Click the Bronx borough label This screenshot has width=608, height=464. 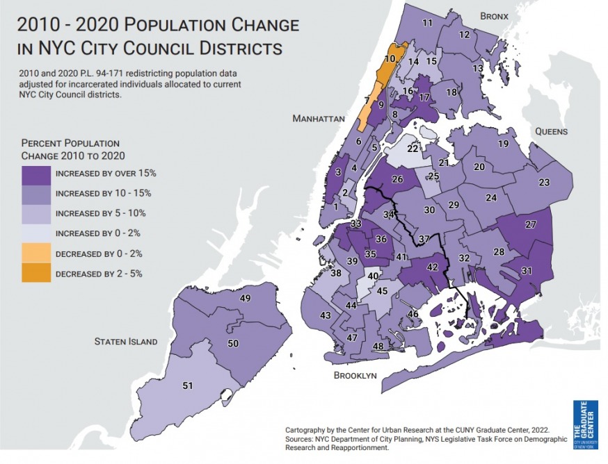point(495,15)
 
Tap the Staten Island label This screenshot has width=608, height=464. point(126,342)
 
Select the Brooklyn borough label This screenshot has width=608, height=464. point(355,375)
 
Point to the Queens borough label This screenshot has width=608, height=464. point(551,131)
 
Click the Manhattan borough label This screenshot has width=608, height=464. point(319,119)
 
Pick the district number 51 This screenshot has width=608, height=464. point(187,386)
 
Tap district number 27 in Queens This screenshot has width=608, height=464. point(530,224)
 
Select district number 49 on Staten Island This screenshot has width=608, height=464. point(245,298)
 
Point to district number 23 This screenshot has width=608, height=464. point(544,182)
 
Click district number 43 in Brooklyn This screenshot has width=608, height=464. point(325,315)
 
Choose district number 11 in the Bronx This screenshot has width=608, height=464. point(427,23)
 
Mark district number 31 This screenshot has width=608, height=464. point(527,271)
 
